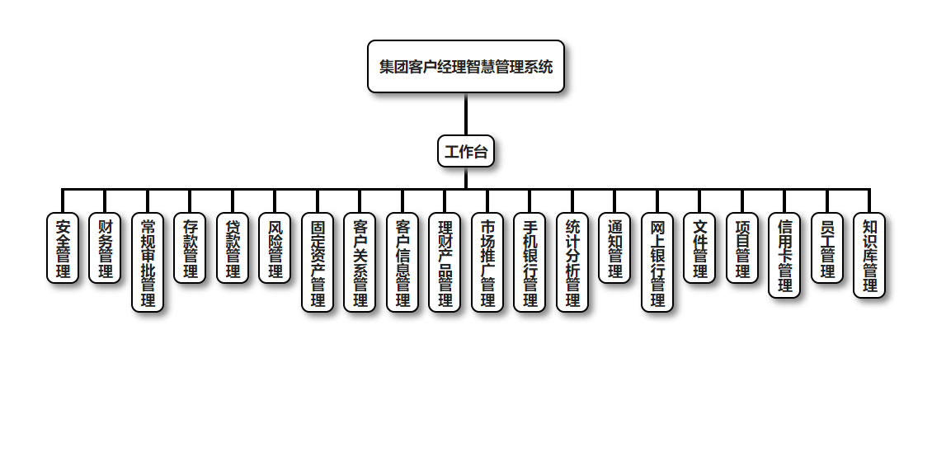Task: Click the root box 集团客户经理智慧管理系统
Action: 466,67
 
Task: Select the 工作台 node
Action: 466,151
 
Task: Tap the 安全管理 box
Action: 63,247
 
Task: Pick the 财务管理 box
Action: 105,247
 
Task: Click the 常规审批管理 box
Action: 148,262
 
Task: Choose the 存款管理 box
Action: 190,247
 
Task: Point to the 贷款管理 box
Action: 233,247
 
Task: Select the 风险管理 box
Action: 275,247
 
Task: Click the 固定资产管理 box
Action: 318,262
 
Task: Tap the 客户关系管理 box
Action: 360,262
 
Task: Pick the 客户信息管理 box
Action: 402,262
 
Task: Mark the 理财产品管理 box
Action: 445,262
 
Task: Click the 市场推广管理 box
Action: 487,262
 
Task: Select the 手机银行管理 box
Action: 530,262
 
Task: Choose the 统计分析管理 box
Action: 572,262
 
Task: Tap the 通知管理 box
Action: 614,247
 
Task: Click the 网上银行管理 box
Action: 657,262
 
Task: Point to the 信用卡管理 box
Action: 784,255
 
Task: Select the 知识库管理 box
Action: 869,255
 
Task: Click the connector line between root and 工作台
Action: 466,114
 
